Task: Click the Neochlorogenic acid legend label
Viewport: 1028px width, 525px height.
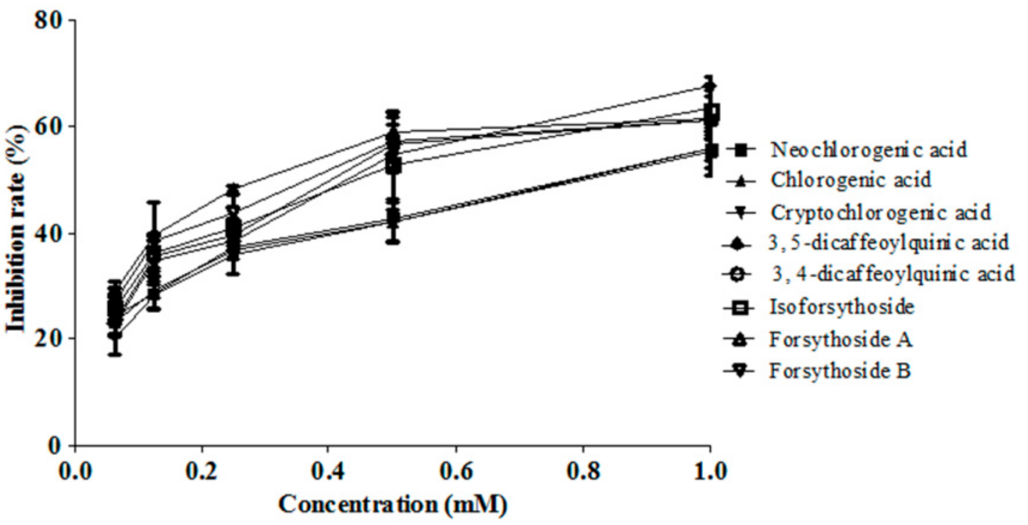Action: click(x=869, y=150)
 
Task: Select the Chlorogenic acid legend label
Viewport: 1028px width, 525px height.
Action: click(x=851, y=180)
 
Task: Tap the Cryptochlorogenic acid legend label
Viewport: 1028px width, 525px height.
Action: click(x=880, y=213)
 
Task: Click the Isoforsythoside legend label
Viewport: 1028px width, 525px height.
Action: click(x=842, y=307)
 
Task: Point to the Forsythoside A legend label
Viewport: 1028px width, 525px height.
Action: click(x=840, y=339)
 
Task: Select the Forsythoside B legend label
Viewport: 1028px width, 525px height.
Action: click(x=840, y=371)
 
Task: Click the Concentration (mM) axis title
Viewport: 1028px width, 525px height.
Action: click(x=393, y=504)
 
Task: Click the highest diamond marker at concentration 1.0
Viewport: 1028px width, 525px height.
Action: click(x=710, y=86)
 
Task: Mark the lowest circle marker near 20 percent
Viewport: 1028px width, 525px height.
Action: click(x=115, y=336)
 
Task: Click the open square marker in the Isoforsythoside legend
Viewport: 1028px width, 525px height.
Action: click(x=738, y=308)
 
